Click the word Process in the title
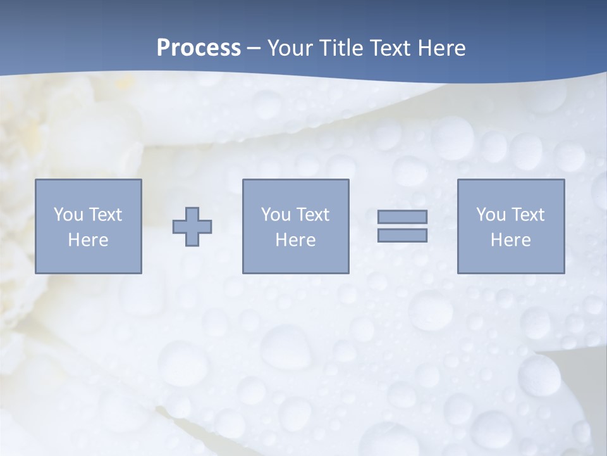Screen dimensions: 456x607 [199, 48]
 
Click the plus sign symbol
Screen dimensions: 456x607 [192, 227]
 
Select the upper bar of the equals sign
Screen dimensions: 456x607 [402, 217]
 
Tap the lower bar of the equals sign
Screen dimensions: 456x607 [402, 235]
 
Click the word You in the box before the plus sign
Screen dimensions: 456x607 [68, 215]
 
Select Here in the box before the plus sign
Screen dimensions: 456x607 [88, 240]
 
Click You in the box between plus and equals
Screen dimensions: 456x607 [276, 215]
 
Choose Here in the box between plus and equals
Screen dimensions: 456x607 [295, 240]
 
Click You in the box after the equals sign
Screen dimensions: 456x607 [491, 215]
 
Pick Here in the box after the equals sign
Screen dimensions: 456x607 [510, 240]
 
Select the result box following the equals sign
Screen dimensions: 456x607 [511, 260]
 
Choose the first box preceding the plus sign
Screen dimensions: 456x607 [89, 260]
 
